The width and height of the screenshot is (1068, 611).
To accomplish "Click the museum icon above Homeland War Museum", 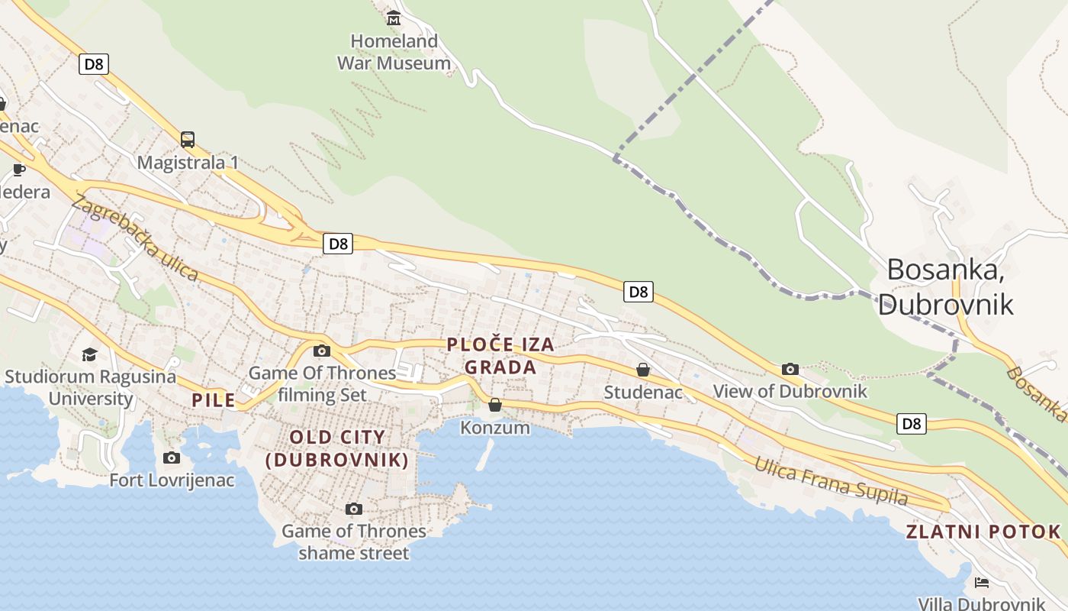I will click(x=394, y=18).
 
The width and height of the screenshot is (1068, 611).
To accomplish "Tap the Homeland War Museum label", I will click(x=394, y=52).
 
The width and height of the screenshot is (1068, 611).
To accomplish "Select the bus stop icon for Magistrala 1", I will click(x=188, y=140).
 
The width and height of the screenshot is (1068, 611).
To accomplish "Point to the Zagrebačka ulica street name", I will click(x=134, y=238).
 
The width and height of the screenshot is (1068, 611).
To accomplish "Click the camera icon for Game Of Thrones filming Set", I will click(x=322, y=351).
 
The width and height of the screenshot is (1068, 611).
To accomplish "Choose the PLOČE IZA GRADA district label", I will click(x=500, y=356).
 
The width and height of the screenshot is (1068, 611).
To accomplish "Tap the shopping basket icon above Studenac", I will click(x=643, y=370).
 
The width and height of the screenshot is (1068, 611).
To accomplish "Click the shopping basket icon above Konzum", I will click(x=495, y=405).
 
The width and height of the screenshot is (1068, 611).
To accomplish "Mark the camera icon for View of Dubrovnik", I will click(x=790, y=370).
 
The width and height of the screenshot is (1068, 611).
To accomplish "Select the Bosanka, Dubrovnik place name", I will click(x=946, y=286).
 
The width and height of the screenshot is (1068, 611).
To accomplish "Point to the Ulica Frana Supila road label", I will click(x=831, y=481).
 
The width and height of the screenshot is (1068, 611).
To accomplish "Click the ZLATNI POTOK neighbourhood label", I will click(x=983, y=532).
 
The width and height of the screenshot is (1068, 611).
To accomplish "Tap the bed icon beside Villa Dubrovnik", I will click(x=982, y=583).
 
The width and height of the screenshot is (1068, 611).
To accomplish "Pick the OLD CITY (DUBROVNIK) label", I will click(x=337, y=448).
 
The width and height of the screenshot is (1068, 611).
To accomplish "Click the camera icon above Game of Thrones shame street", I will click(x=353, y=509).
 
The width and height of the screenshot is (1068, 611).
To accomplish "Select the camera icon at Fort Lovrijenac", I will click(x=172, y=457).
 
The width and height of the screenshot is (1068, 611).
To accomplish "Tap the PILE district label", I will click(x=214, y=399).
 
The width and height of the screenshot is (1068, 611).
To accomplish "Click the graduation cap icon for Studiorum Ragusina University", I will click(x=90, y=354).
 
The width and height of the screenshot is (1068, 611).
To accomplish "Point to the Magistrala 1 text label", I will click(x=188, y=163).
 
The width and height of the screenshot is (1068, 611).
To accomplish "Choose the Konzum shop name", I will click(x=495, y=428).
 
